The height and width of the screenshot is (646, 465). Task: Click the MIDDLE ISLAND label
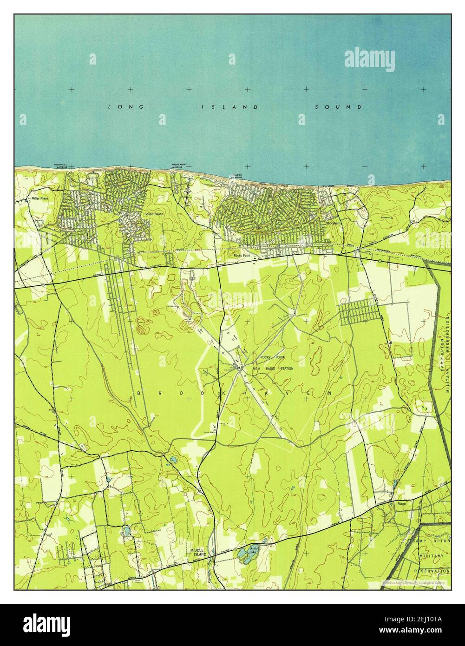pyautogui.click(x=198, y=552)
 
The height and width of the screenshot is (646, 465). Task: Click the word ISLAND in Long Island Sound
pyautogui.click(x=229, y=107)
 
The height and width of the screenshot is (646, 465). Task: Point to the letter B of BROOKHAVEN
pyautogui.click(x=139, y=393)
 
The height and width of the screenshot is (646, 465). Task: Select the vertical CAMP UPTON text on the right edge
pyautogui.click(x=443, y=342)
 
